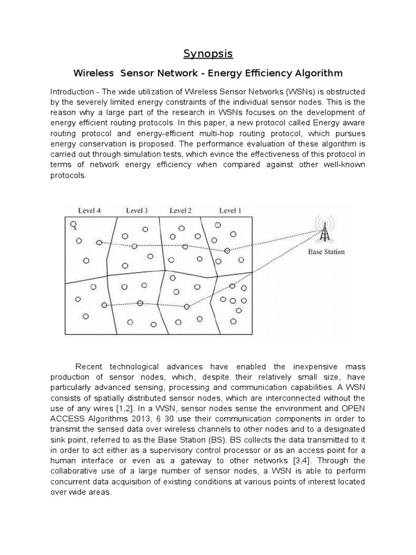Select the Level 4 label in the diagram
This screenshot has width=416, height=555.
point(89,211)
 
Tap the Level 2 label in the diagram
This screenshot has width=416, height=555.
point(181,211)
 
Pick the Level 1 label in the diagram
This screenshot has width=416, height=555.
point(230,211)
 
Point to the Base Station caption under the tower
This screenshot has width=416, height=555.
point(326,252)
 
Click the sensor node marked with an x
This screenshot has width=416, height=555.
point(73,224)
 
